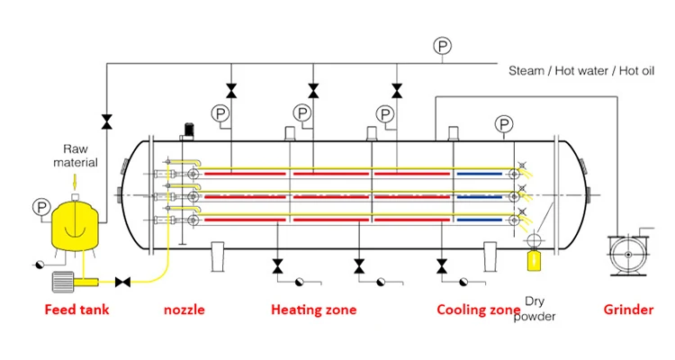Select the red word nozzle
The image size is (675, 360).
point(184,310)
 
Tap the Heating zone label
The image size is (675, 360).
point(313,310)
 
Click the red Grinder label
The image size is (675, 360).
point(628,310)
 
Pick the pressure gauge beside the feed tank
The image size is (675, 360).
point(39,206)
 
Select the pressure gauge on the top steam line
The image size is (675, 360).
point(441,46)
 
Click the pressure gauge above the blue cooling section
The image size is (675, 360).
point(504,124)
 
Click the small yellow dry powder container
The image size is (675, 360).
point(534,260)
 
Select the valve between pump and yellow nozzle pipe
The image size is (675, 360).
point(125,283)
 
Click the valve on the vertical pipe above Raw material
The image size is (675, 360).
point(107,120)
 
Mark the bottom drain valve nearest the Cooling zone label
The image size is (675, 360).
point(441,266)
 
